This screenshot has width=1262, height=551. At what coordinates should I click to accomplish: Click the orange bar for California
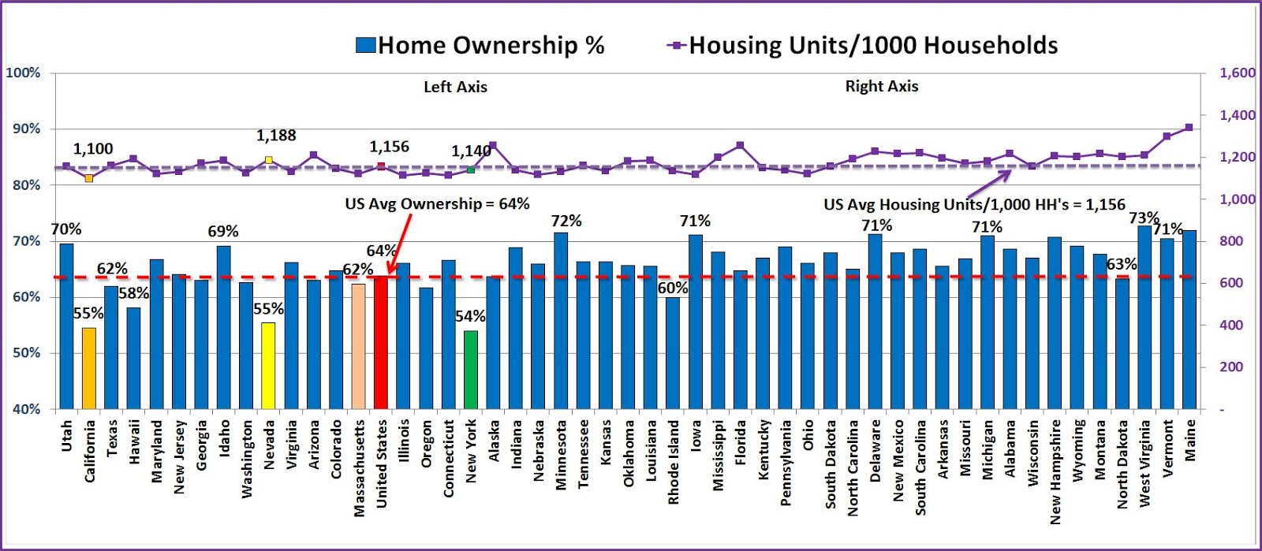[89, 368]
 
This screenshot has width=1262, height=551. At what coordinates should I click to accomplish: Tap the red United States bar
[381, 342]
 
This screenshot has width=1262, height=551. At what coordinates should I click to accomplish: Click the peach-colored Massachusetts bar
[359, 346]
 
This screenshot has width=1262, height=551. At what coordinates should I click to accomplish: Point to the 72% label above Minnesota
[566, 222]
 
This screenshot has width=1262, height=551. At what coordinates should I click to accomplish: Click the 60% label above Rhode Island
[673, 289]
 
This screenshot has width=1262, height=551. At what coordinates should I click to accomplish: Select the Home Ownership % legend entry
[480, 46]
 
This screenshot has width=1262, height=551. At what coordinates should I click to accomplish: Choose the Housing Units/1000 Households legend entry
[863, 46]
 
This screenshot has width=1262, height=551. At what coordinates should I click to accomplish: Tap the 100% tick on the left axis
[23, 73]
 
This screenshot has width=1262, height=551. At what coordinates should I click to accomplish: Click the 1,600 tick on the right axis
[1237, 73]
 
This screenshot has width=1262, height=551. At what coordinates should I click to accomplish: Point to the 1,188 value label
[276, 136]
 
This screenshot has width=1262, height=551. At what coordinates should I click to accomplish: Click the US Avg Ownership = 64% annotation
[437, 204]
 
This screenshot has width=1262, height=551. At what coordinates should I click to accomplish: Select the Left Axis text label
[455, 87]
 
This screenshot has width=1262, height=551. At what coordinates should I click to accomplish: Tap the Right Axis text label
[882, 87]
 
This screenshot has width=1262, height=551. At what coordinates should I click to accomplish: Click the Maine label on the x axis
[1190, 440]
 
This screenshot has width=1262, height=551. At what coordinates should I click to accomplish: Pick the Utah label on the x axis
[66, 436]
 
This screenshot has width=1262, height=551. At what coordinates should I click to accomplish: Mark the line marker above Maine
[1189, 127]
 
